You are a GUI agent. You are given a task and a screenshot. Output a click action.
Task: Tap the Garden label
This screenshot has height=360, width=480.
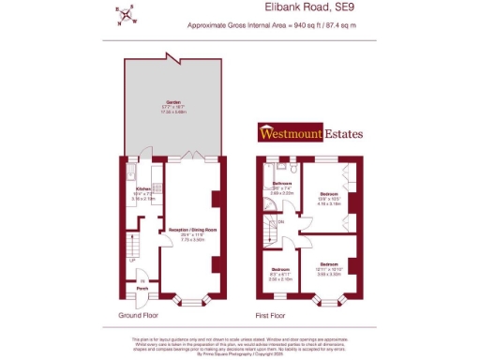173,102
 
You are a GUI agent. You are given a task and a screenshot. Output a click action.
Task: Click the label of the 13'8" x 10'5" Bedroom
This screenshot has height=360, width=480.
328,199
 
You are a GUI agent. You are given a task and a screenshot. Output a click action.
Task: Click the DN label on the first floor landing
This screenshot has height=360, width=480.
282,221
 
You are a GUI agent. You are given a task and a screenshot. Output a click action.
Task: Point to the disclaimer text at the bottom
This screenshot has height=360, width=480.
239,344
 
